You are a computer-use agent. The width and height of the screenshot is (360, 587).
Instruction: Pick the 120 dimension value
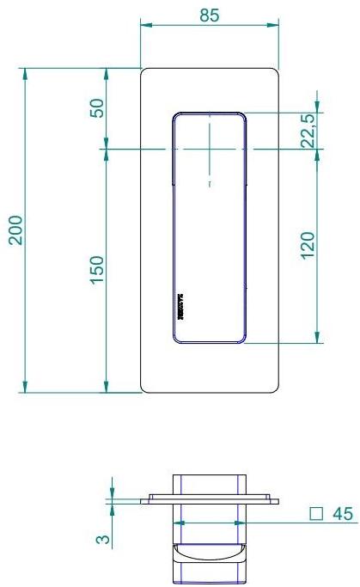[309, 245]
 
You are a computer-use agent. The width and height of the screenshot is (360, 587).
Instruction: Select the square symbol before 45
[316, 514]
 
